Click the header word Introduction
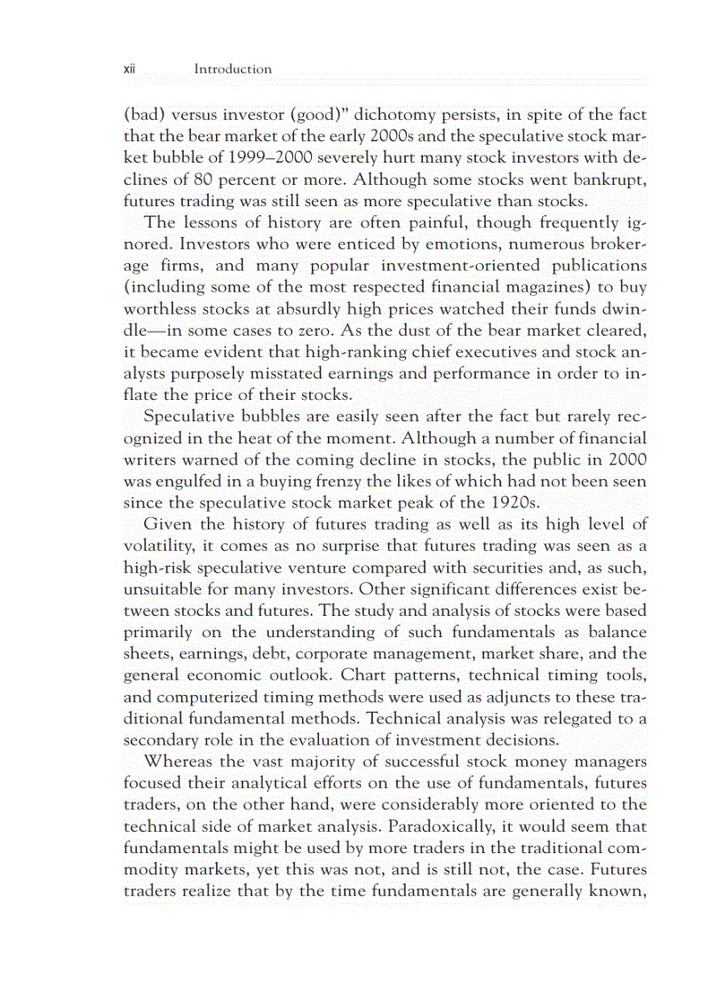(233, 68)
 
